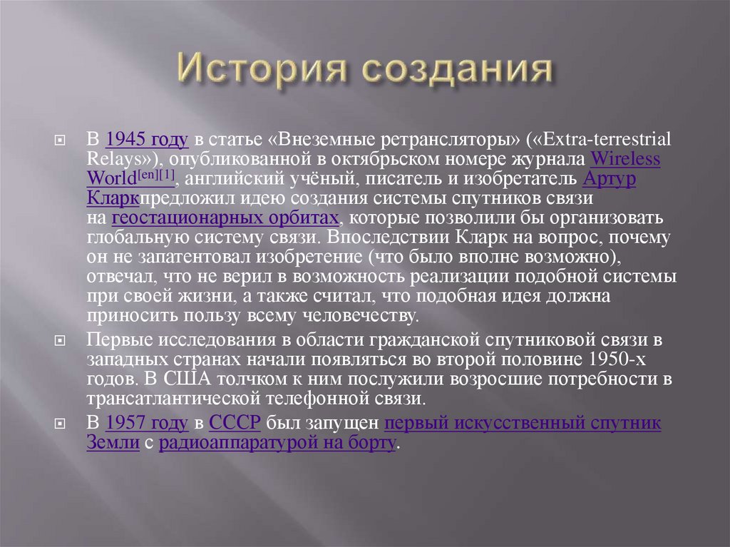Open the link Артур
pyautogui.click(x=610, y=178)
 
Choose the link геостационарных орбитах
pyautogui.click(x=225, y=218)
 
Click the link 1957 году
pyautogui.click(x=146, y=423)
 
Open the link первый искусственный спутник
pyautogui.click(x=522, y=423)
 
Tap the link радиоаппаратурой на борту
pyautogui.click(x=277, y=443)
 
